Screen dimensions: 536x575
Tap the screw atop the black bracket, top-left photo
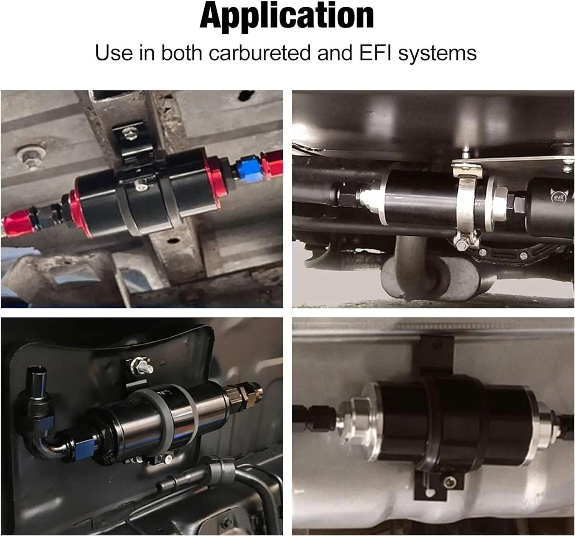pyautogui.click(x=128, y=133)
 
